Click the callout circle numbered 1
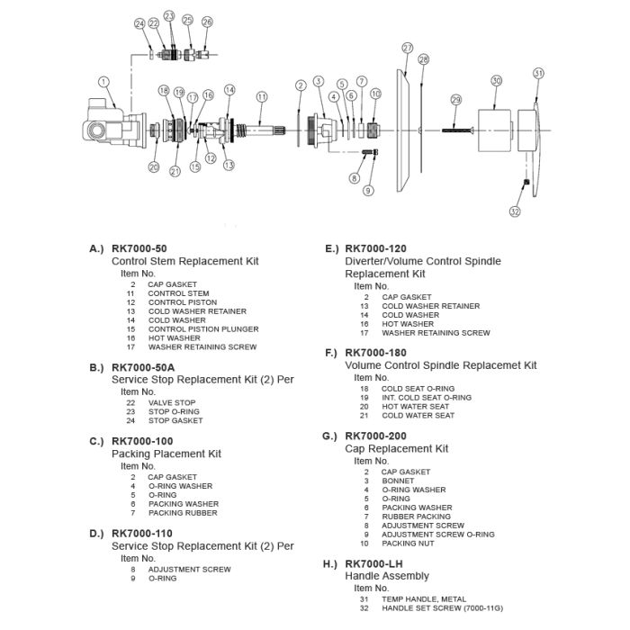pyautogui.click(x=104, y=82)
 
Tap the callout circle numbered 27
pyautogui.click(x=408, y=48)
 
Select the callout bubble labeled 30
pyautogui.click(x=496, y=81)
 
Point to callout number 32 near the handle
pyautogui.click(x=515, y=212)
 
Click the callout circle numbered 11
pyautogui.click(x=262, y=96)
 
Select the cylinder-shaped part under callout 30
pyautogui.click(x=495, y=130)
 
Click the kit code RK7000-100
pyautogui.click(x=142, y=441)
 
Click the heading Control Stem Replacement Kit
pyautogui.click(x=184, y=261)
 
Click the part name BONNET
pyautogui.click(x=398, y=481)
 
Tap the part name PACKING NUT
pyautogui.click(x=408, y=543)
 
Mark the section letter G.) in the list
pyautogui.click(x=329, y=436)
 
